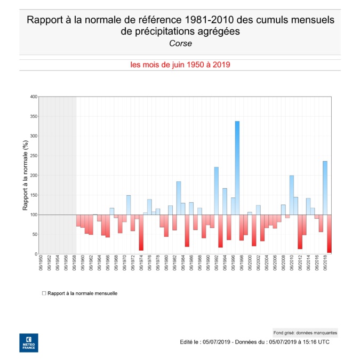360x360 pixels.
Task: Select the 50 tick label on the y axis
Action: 35,234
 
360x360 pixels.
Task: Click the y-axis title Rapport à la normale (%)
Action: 25,175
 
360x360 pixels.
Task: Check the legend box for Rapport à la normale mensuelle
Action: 44,293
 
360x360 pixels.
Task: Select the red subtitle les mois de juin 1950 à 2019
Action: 180,65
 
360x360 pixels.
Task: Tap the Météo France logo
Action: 28,342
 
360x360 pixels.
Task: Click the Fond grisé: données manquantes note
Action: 305,332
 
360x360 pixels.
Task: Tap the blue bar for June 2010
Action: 292,195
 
